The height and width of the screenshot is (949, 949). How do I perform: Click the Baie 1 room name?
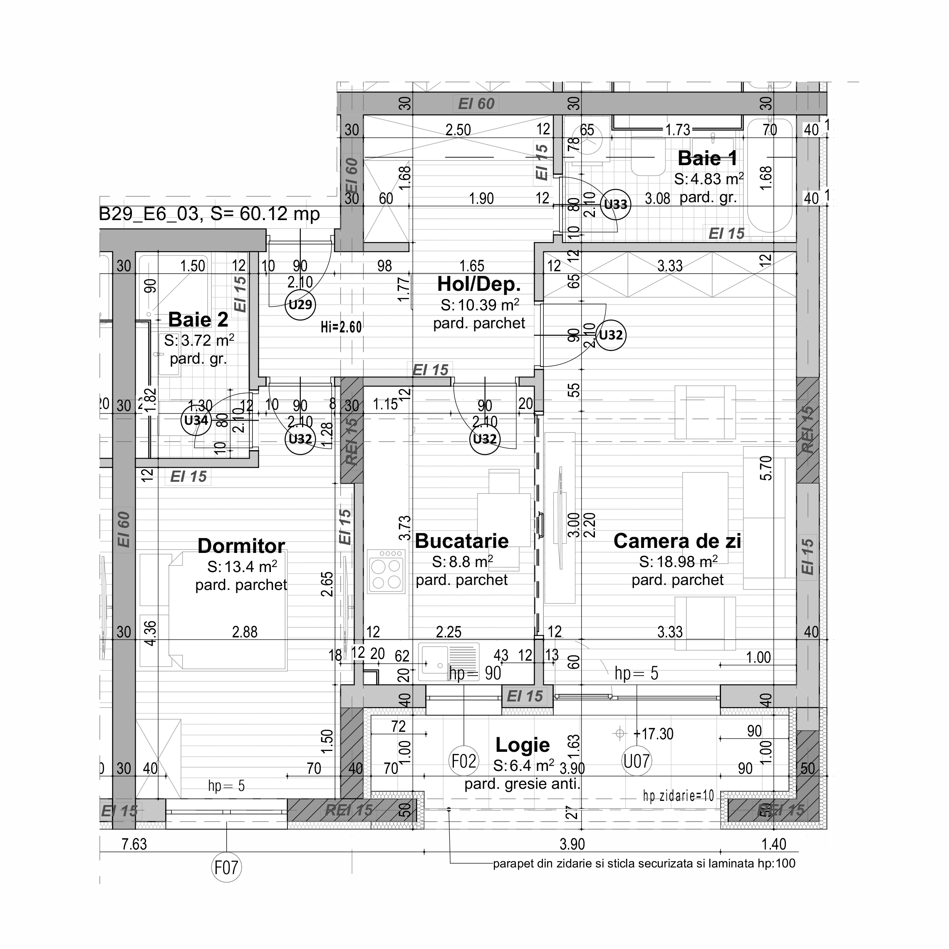707,158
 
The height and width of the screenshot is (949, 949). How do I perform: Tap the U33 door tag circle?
615,204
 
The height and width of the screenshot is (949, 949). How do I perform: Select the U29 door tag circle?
300,305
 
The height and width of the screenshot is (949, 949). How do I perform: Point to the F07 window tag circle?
226,868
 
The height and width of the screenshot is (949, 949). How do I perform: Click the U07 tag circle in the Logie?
637,761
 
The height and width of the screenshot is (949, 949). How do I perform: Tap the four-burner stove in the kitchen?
386,570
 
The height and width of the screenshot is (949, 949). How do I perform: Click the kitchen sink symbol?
448,662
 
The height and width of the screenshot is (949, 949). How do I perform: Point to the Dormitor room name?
241,546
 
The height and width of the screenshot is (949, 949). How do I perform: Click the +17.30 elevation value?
653,734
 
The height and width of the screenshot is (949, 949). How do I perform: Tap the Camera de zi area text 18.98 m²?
678,561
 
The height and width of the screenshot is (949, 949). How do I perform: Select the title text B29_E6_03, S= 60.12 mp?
210,214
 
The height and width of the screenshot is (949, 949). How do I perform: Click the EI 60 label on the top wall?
476,104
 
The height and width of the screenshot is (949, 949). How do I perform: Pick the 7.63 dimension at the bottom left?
134,844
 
